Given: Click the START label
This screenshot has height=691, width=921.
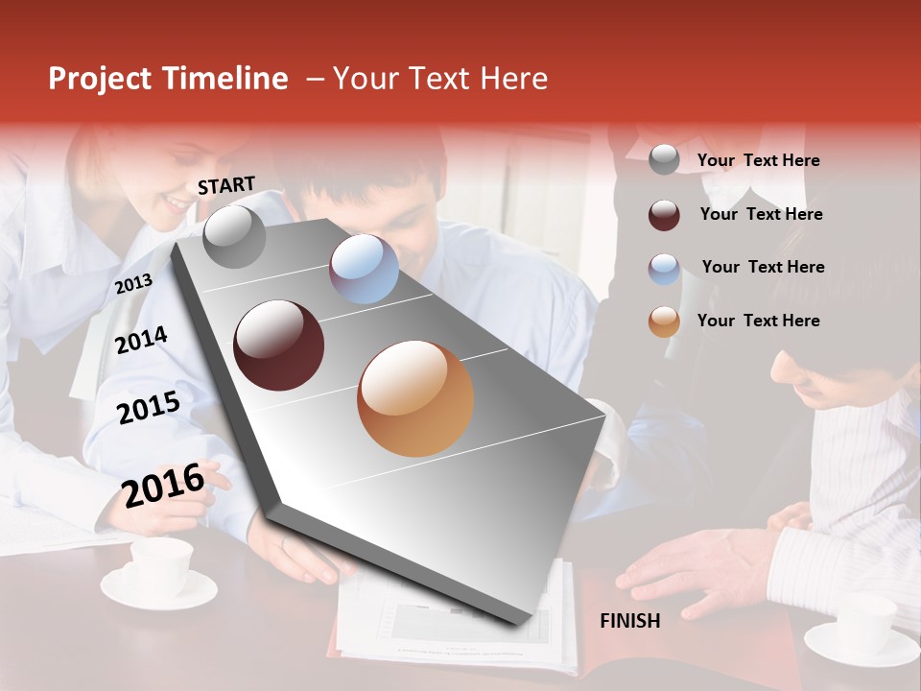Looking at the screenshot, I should [226, 185].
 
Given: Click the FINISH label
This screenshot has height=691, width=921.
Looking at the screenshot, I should [629, 621].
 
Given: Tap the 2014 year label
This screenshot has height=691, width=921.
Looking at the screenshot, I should [141, 340].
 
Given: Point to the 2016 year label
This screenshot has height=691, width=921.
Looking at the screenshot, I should [164, 484].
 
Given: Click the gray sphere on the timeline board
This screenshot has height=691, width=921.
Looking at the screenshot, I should [234, 236].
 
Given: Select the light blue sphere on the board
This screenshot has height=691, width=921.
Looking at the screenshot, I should [364, 269].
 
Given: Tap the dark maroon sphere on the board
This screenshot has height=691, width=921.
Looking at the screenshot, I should [279, 345].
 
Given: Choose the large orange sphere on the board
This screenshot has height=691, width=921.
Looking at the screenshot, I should [415, 398].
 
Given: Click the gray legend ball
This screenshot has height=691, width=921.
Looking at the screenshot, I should [664, 159].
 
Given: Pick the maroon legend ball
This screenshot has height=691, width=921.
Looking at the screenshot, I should [664, 215].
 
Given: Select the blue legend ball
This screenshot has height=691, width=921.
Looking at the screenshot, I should [664, 268].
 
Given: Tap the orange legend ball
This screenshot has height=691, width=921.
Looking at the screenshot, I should [664, 322].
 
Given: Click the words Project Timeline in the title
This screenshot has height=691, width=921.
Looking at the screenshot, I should [168, 79].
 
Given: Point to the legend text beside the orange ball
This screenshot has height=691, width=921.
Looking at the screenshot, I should [758, 321].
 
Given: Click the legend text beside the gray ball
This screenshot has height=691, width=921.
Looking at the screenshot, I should [758, 160].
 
